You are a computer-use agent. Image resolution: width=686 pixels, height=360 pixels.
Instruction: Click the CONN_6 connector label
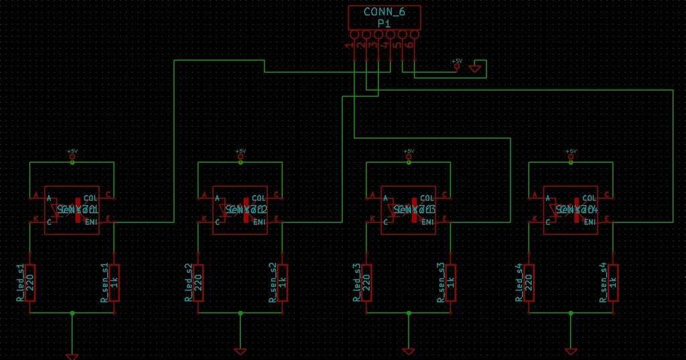tap(383, 12)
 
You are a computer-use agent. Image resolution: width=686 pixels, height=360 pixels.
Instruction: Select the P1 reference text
tap(383, 23)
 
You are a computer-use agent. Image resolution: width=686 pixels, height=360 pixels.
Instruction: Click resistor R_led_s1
tap(29, 283)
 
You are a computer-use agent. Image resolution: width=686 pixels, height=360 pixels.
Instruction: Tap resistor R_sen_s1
tap(114, 283)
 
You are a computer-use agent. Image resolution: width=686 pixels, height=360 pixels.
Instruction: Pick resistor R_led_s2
tap(198, 283)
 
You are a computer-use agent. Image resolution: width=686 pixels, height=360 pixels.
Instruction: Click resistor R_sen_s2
tap(283, 283)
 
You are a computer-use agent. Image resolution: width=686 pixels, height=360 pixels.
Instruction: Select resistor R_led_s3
tap(366, 283)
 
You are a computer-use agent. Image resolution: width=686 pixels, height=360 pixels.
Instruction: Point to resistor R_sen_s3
tap(451, 283)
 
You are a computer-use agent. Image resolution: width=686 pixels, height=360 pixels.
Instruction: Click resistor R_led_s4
tap(529, 283)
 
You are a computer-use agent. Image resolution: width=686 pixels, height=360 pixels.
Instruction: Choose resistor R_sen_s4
tap(614, 283)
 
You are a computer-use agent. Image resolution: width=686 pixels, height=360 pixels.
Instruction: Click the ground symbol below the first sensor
tap(72, 355)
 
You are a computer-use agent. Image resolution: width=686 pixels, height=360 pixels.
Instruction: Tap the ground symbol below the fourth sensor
tap(571, 351)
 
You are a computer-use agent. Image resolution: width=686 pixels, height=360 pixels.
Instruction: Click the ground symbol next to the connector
tap(476, 67)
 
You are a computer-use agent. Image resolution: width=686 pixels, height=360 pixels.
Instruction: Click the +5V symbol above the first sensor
tap(72, 156)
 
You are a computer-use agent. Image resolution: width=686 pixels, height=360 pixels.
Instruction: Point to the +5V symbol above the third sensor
tap(409, 156)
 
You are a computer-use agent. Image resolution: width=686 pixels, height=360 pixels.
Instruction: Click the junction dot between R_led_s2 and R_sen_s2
tap(241, 313)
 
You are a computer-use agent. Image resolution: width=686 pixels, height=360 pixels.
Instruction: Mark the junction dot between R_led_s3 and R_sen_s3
tap(409, 313)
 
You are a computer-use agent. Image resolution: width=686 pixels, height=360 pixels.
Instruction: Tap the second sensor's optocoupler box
tap(241, 210)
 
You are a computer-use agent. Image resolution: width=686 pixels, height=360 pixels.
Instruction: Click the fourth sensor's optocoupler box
tap(571, 210)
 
